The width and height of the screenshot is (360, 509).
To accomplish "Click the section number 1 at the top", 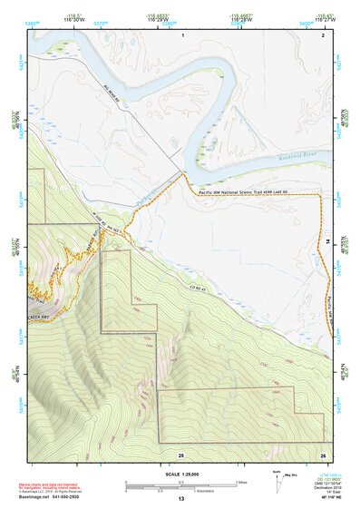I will click(182, 34).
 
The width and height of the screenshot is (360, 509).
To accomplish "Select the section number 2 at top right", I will click(322, 34).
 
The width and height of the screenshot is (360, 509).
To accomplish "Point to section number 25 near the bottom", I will click(181, 454).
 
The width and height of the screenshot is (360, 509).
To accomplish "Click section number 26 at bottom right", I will click(323, 454).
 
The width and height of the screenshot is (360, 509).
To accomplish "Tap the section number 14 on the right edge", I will click(327, 238).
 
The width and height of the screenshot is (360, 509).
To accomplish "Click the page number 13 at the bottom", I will click(180, 500).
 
